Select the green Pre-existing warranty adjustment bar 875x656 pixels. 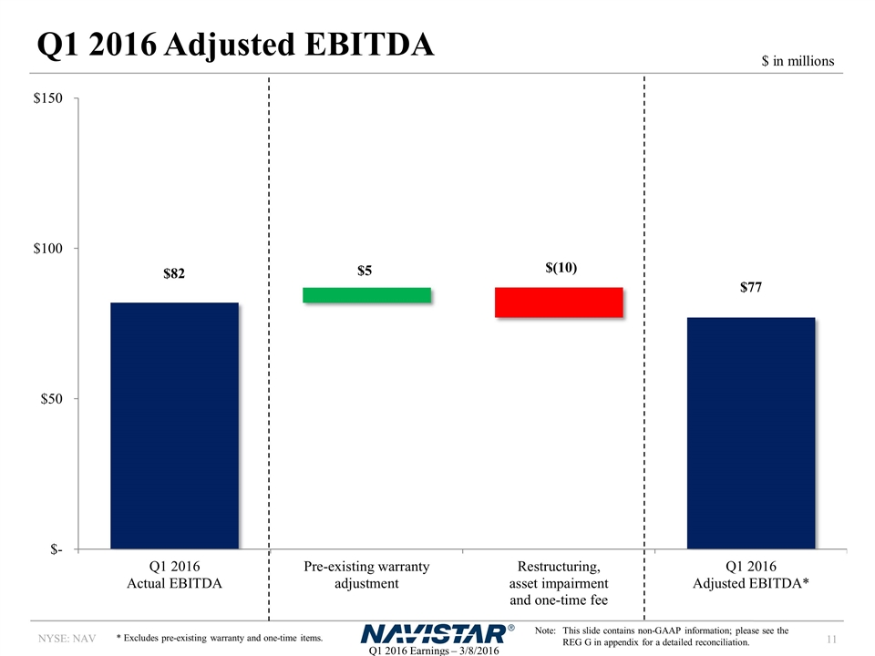pos(366,294)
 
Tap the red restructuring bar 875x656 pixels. pos(558,302)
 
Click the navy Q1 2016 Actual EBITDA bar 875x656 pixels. pos(174,425)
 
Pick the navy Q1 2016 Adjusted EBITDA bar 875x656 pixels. pos(750,433)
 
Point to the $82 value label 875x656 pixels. pos(174,273)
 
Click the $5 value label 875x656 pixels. pos(366,271)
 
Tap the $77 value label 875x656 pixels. pos(750,288)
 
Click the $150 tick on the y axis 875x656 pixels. pos(47,97)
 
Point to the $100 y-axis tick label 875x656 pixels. pos(47,248)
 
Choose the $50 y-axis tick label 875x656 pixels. pos(51,399)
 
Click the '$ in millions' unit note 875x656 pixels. pos(798,61)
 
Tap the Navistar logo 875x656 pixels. pos(437,633)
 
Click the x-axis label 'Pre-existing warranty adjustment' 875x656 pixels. pos(366,575)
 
